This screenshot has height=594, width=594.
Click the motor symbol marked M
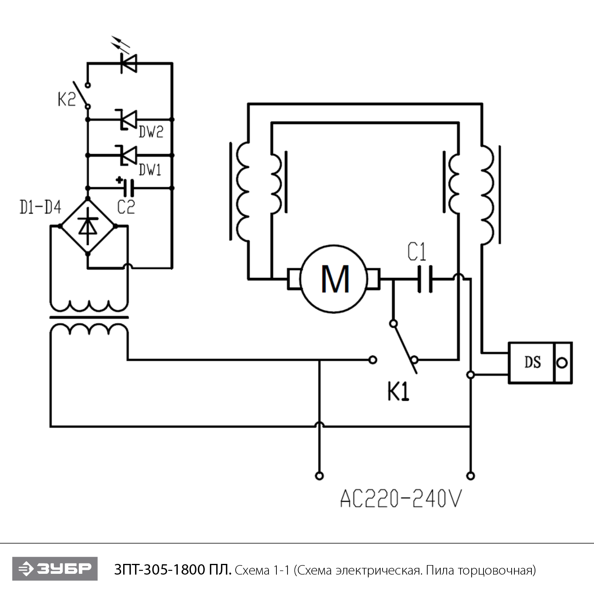click(335, 279)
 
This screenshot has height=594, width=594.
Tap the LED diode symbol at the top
click(129, 63)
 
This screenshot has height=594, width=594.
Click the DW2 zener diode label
click(151, 132)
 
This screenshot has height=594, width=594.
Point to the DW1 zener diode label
click(150, 170)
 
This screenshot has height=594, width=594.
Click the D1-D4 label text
click(40, 207)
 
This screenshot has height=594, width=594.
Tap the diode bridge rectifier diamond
click(88, 226)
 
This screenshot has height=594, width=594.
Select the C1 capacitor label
click(417, 252)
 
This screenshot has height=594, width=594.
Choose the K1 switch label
click(398, 392)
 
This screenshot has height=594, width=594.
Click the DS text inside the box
click(533, 362)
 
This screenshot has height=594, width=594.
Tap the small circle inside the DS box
click(562, 363)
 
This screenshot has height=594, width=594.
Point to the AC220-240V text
click(401, 499)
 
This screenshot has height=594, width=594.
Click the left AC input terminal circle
click(319, 476)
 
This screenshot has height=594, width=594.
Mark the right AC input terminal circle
click(470, 476)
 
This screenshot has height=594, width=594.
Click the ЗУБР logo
click(55, 569)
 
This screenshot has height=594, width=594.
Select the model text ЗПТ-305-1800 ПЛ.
click(173, 570)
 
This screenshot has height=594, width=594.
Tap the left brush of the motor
click(294, 279)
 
